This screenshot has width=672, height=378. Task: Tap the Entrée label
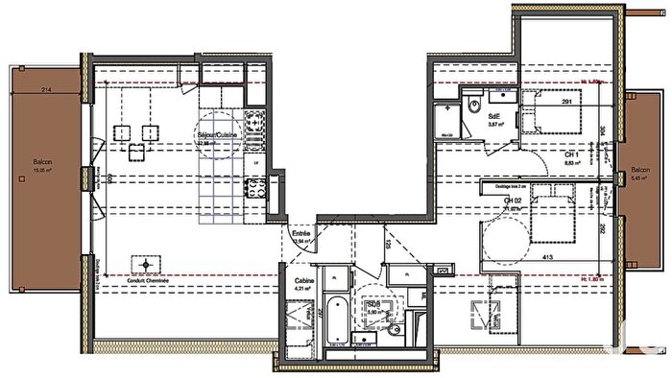point(301,234)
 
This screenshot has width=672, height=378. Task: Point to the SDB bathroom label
point(373,306)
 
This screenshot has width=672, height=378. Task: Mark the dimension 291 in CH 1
point(567,101)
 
